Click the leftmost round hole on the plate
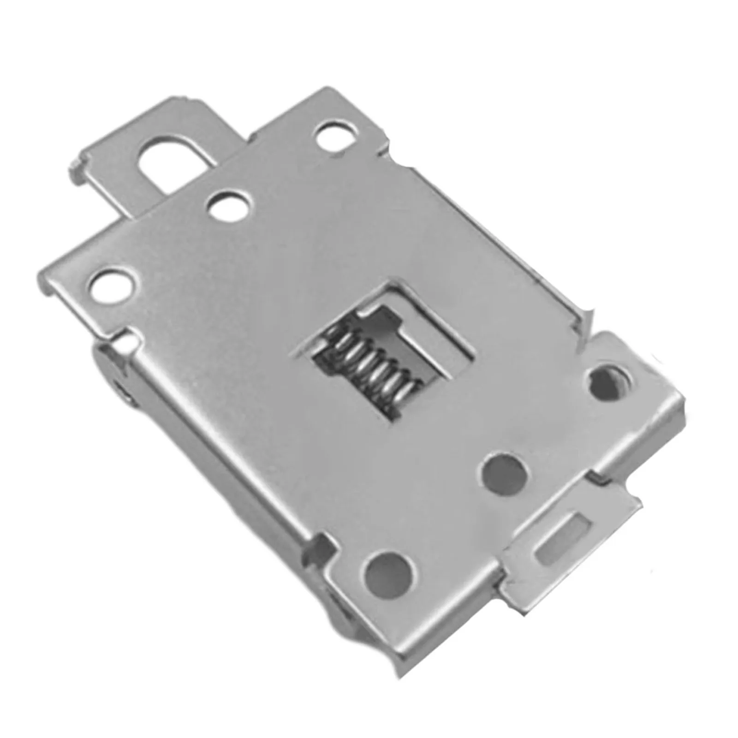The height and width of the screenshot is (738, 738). (x=113, y=287)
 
